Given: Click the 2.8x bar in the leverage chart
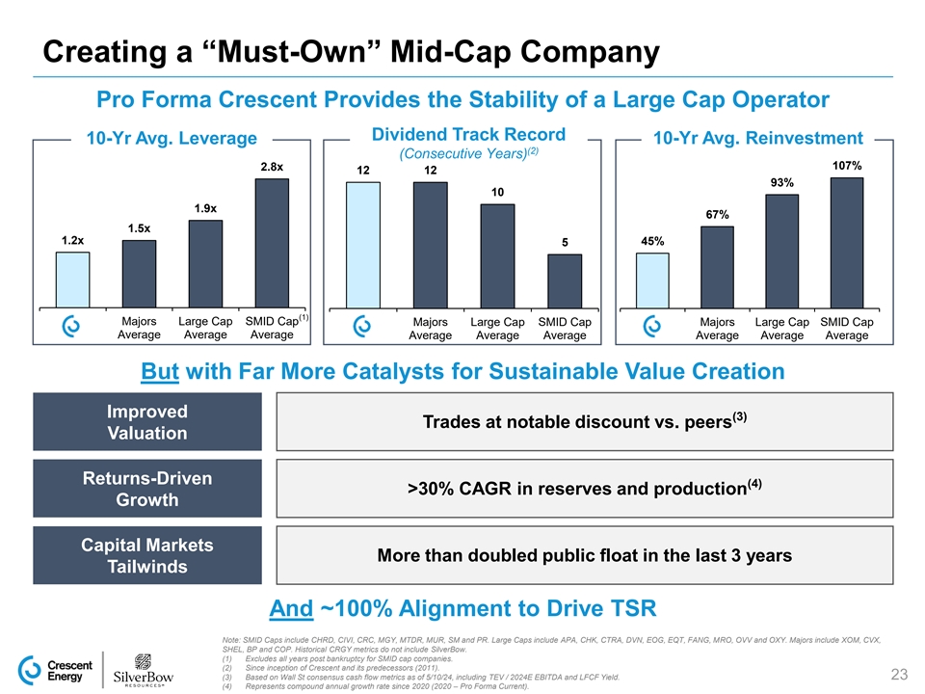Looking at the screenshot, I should tap(271, 243).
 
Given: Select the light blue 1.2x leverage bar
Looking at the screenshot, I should tap(72, 280).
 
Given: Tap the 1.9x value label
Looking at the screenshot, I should tap(204, 208).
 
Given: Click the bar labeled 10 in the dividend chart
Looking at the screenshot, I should tap(497, 255).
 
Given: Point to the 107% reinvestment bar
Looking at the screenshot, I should tap(845, 243).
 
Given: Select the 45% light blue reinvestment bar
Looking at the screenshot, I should tap(653, 280).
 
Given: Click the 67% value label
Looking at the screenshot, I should tap(717, 214).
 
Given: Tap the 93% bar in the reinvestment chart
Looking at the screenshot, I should tap(781, 251).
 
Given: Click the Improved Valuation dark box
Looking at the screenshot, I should tap(147, 421).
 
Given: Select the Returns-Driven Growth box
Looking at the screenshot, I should tap(147, 489).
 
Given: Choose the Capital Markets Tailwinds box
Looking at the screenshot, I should tap(147, 555).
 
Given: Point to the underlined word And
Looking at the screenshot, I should tap(292, 608).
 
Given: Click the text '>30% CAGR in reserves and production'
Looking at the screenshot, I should tap(578, 488).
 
